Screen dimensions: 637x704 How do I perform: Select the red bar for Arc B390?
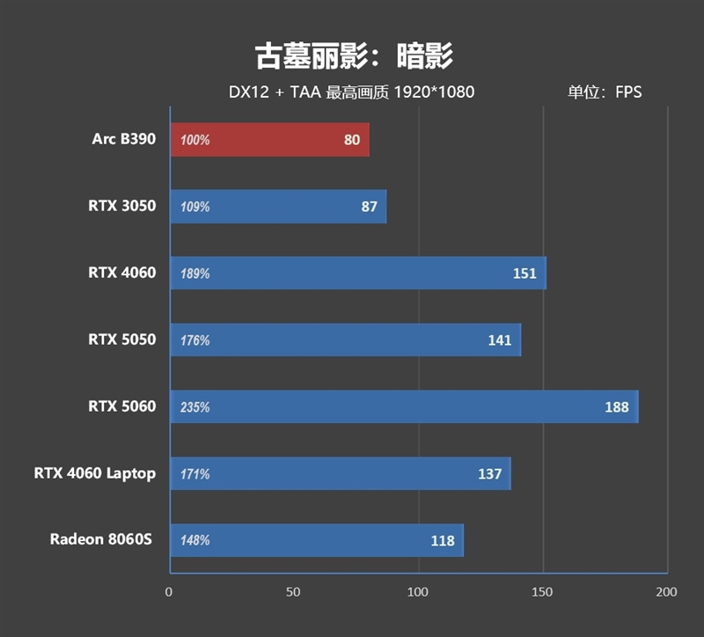(x=269, y=140)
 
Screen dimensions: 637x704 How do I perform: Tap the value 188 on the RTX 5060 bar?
(x=617, y=406)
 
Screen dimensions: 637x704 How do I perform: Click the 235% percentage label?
(x=194, y=407)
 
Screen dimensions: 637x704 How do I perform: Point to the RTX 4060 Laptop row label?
(x=95, y=473)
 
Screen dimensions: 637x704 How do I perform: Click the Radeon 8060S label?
(x=100, y=540)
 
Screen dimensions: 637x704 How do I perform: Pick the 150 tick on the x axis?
(x=543, y=592)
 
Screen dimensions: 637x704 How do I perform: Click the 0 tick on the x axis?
(x=169, y=592)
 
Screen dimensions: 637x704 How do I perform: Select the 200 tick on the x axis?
(x=667, y=592)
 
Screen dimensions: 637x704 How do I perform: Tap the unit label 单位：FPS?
(x=605, y=92)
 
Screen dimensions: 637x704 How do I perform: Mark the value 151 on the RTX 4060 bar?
(x=524, y=274)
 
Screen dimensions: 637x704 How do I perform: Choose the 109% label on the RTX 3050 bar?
(x=194, y=207)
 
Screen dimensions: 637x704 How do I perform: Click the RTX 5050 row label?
(x=121, y=340)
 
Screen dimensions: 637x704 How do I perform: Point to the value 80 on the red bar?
(x=352, y=140)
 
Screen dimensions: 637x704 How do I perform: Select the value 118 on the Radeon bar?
(x=443, y=540)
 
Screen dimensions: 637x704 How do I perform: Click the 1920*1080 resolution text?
(x=434, y=92)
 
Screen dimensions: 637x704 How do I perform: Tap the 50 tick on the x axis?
(x=294, y=592)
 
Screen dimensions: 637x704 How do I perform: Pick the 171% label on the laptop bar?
(x=194, y=474)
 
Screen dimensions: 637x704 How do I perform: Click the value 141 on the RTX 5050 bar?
(x=500, y=340)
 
